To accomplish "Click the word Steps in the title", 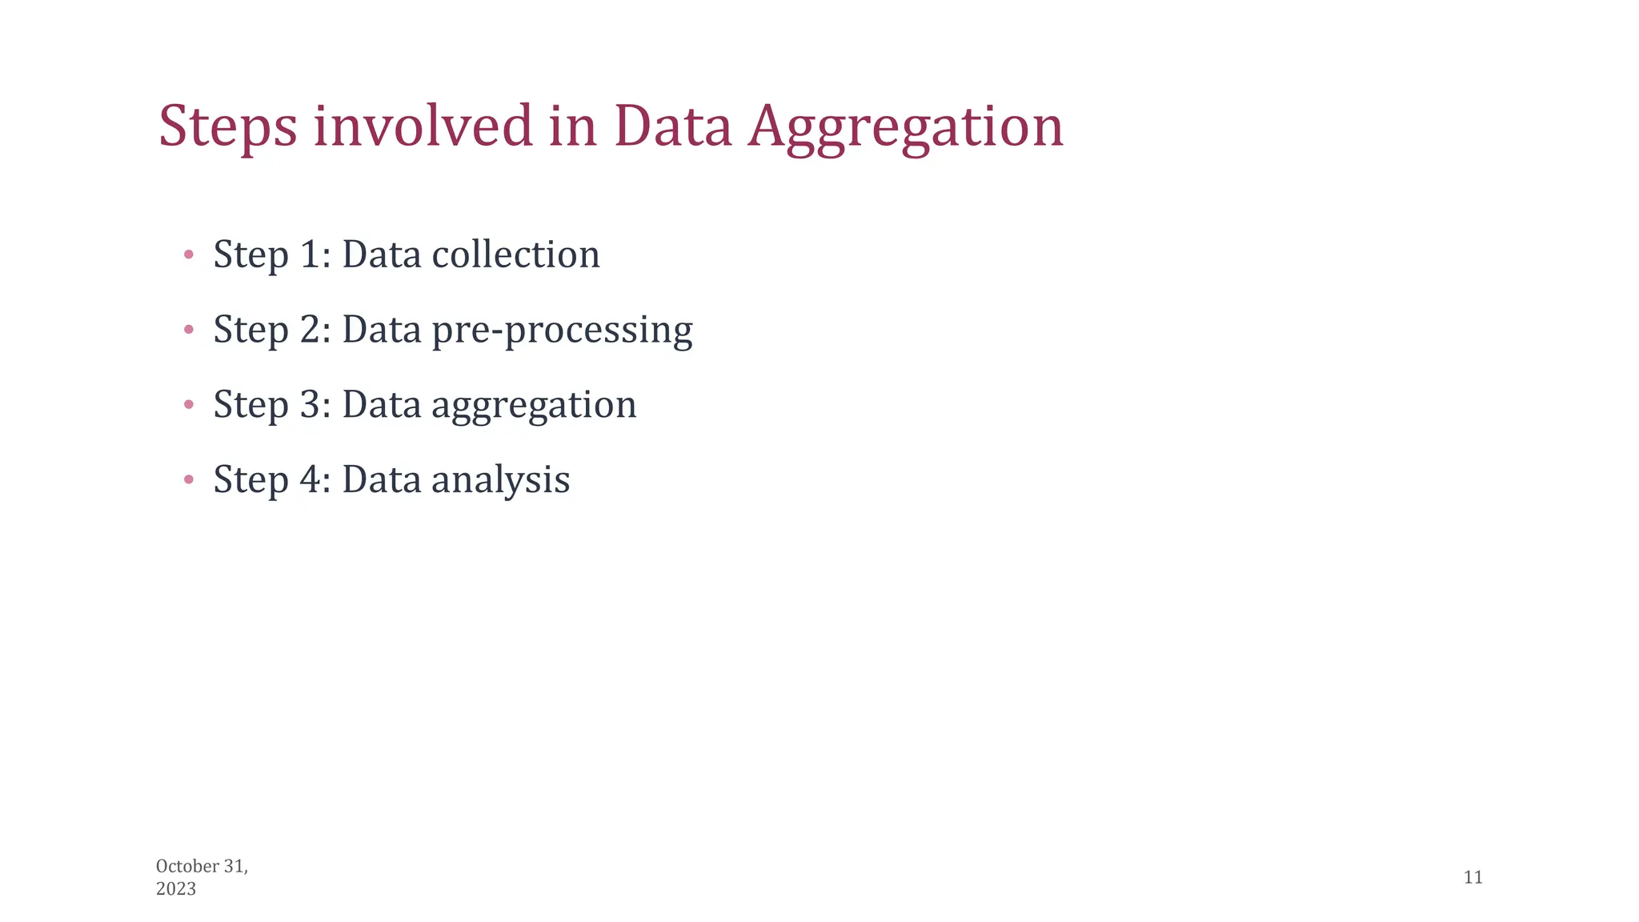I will click(228, 126).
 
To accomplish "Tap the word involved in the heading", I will click(423, 126).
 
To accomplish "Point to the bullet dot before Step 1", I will click(189, 255).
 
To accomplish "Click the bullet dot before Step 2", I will click(189, 329).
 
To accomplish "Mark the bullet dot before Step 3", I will click(189, 405).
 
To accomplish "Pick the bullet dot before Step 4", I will click(189, 479).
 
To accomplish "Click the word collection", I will click(515, 255).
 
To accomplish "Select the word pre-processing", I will click(562, 330).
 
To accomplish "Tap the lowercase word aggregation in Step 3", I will click(534, 405).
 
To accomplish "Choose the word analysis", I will click(500, 480).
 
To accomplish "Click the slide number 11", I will click(1473, 877).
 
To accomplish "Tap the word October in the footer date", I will click(187, 866).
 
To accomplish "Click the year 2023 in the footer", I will click(176, 889).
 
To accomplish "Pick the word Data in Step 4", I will click(382, 479).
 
